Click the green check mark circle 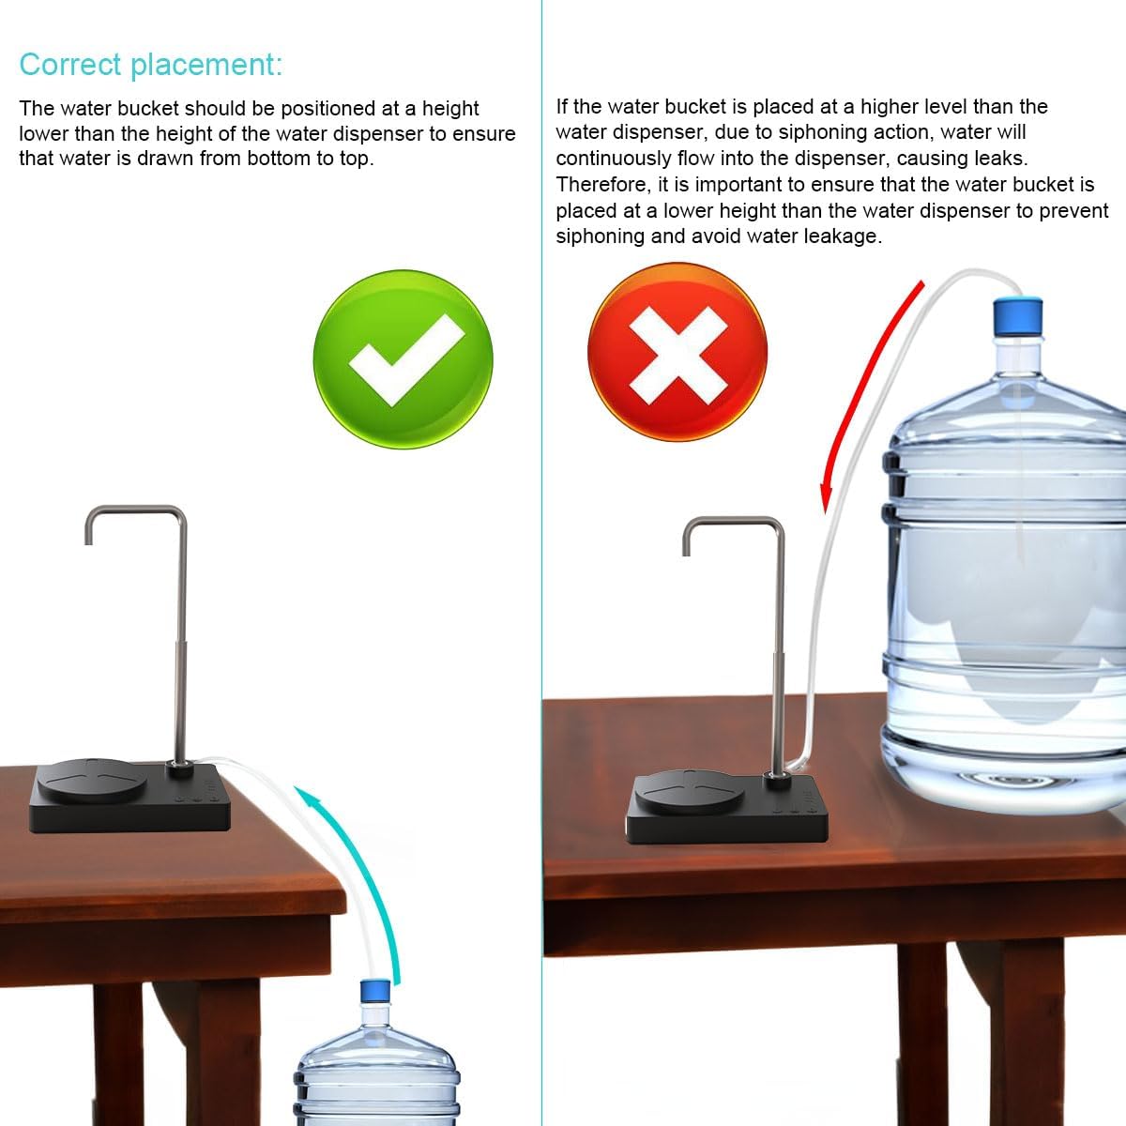click(403, 359)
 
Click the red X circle click(677, 352)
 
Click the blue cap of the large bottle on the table click(1018, 316)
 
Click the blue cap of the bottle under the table click(376, 991)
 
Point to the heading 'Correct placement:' click(150, 65)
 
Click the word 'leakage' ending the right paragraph click(842, 236)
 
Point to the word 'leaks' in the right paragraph click(1000, 159)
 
